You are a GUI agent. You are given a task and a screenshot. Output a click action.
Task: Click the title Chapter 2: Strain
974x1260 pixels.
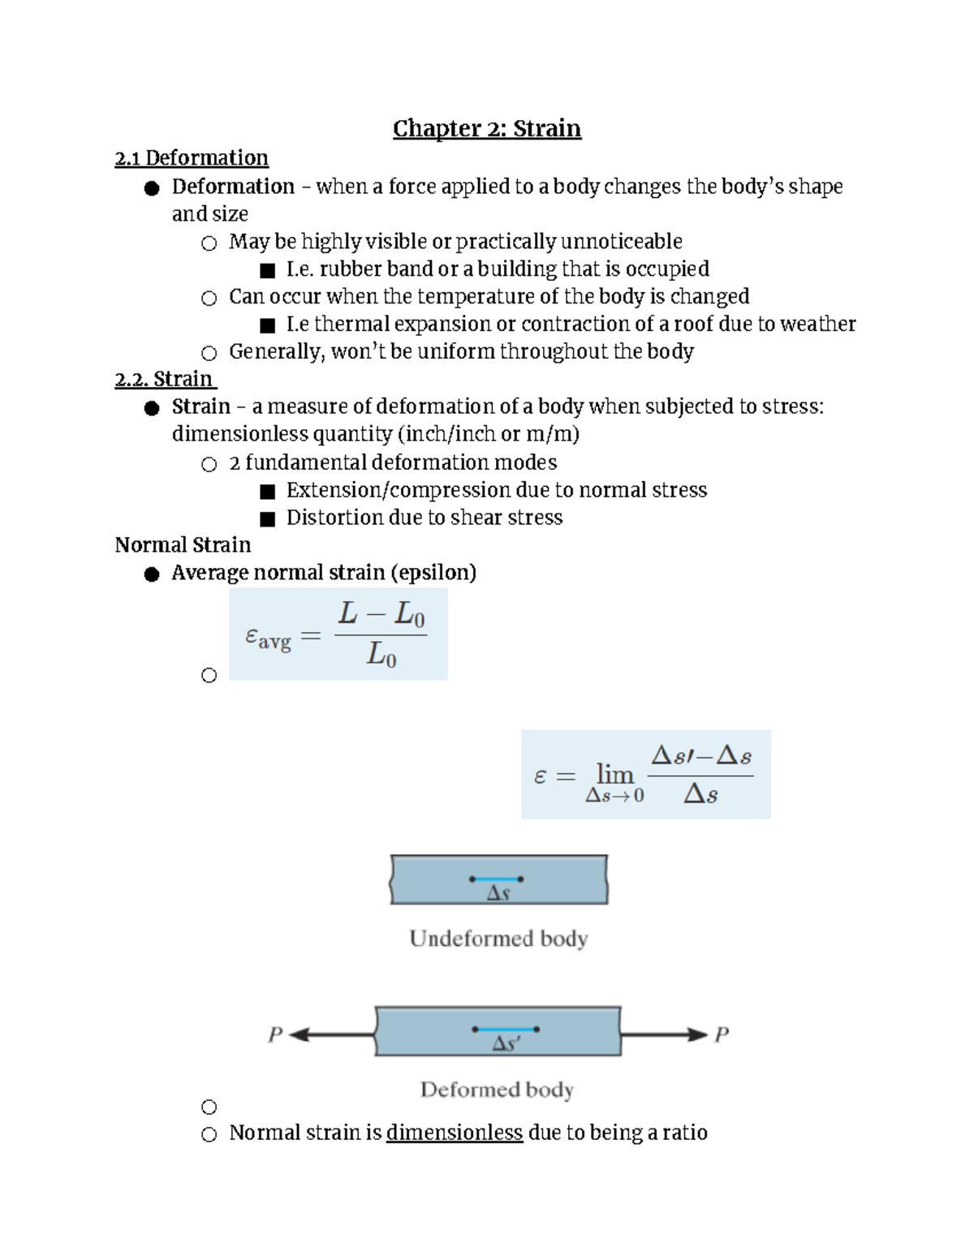click(x=487, y=128)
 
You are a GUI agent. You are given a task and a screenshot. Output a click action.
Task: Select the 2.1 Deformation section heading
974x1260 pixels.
click(x=192, y=157)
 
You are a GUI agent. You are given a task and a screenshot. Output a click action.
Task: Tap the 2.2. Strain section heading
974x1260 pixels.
click(x=165, y=379)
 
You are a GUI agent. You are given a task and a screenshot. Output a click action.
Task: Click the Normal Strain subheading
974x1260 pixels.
click(x=183, y=544)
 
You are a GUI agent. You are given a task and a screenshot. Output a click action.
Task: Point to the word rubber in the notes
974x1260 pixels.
click(x=350, y=269)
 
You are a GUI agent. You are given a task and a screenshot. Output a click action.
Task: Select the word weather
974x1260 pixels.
click(x=817, y=324)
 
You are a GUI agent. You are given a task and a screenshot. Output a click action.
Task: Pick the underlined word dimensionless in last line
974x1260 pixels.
click(x=454, y=1133)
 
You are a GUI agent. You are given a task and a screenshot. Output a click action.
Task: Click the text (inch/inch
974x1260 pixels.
click(x=446, y=434)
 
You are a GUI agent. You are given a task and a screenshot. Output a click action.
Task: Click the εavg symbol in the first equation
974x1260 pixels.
click(x=267, y=638)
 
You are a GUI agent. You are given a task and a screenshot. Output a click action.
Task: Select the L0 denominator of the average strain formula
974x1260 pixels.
click(x=381, y=654)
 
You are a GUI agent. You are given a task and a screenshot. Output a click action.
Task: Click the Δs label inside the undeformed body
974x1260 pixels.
click(x=498, y=893)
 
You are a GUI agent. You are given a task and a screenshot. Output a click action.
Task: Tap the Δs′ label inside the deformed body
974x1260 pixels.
click(x=506, y=1044)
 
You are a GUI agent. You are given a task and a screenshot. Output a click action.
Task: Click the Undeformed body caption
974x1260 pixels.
click(x=498, y=939)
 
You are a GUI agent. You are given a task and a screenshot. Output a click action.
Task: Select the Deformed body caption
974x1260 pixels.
click(x=497, y=1090)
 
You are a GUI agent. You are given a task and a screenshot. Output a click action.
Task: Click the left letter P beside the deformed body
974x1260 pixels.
click(x=275, y=1034)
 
